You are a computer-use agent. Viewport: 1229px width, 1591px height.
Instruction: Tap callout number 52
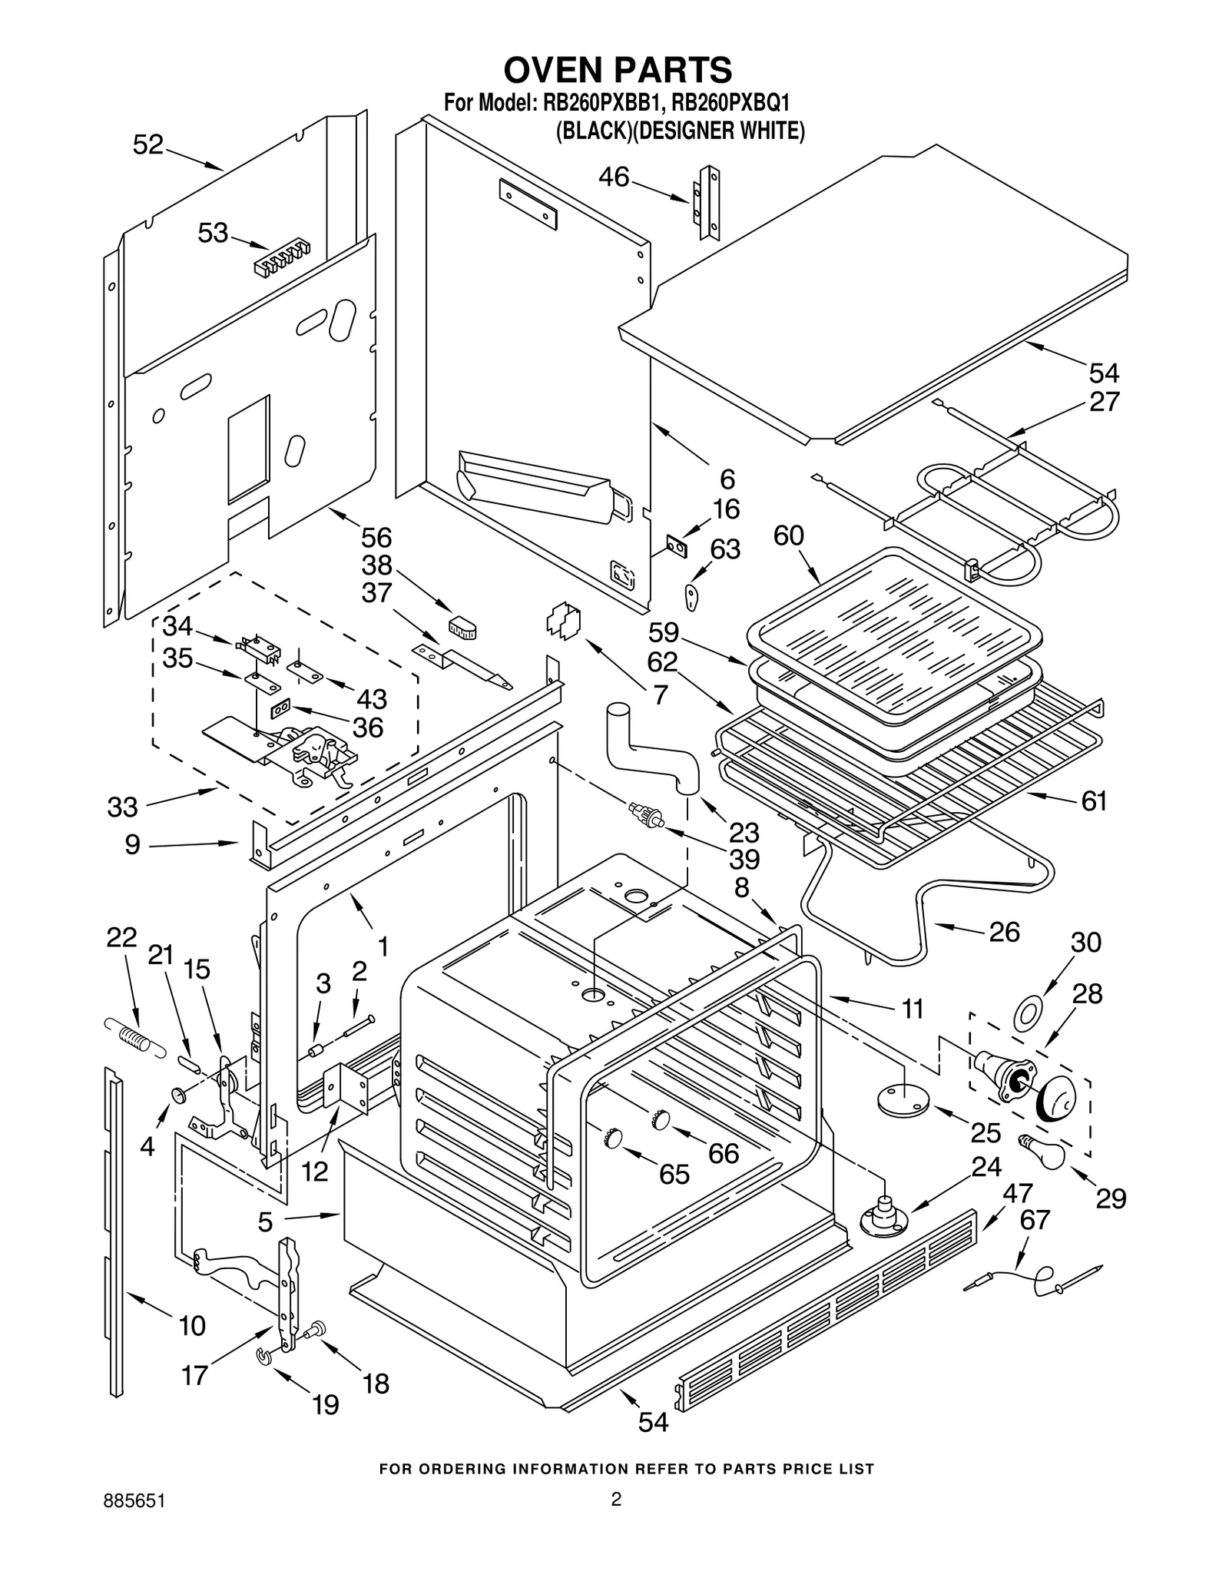(x=148, y=144)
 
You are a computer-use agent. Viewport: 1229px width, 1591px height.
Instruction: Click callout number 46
(x=614, y=177)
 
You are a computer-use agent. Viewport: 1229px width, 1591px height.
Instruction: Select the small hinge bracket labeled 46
(x=709, y=204)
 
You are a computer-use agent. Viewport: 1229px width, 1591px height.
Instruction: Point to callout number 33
(x=122, y=807)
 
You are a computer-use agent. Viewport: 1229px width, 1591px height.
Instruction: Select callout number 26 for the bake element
(x=1004, y=932)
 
